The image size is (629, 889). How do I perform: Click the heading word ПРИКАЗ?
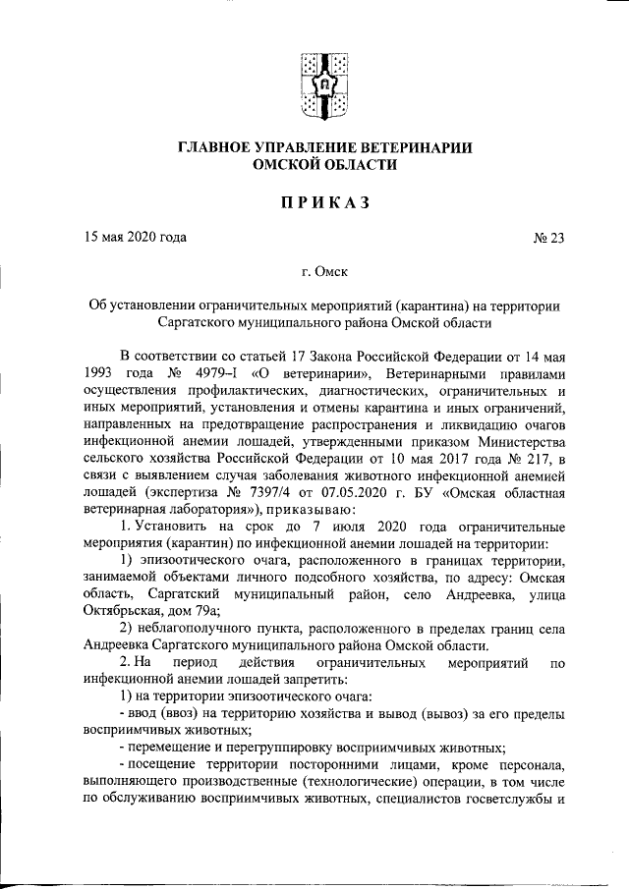324,202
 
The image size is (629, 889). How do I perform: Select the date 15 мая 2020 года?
134,238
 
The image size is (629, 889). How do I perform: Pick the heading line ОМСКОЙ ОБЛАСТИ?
324,166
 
